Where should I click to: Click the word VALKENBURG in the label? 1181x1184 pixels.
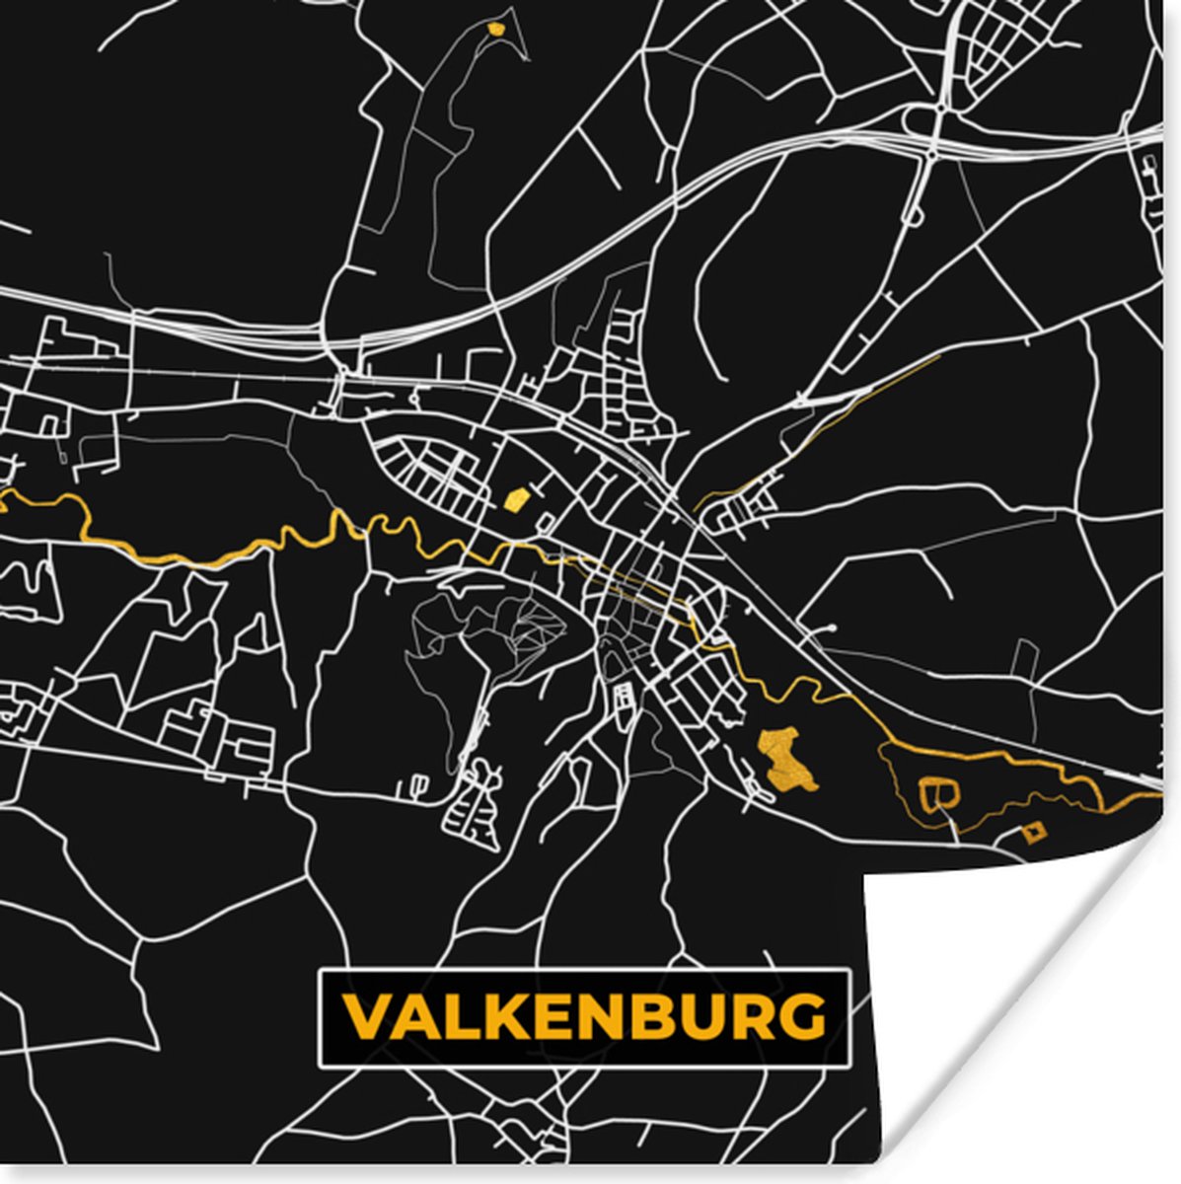(x=583, y=1017)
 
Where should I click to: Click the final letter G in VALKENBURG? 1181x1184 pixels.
(x=802, y=1017)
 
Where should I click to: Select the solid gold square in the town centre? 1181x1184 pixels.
(x=513, y=500)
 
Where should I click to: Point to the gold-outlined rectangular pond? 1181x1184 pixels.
(x=938, y=792)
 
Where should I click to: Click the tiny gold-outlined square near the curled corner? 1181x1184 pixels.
(x=1033, y=834)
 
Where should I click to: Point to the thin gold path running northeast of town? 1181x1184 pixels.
(x=868, y=395)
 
